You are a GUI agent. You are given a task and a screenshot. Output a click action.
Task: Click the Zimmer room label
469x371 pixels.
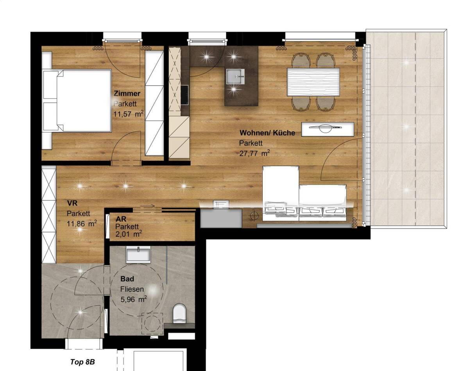tap(127, 94)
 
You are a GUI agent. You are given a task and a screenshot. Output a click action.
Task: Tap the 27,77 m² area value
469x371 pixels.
tap(254, 153)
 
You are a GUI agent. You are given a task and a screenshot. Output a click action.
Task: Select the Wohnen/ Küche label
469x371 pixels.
tap(267, 132)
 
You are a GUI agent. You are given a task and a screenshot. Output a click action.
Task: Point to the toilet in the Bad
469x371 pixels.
tap(179, 314)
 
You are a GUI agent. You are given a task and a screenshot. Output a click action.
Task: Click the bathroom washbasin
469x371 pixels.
tap(138, 254)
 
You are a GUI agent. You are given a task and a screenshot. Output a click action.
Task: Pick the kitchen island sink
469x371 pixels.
tap(235, 76)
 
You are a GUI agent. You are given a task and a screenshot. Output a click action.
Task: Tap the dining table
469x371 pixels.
tap(313, 82)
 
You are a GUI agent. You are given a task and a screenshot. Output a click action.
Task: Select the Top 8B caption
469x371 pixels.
tap(82, 362)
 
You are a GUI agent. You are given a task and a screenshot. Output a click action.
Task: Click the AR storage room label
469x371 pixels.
tap(121, 219)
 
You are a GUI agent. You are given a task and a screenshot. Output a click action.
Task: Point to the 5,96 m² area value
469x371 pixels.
tap(133, 299)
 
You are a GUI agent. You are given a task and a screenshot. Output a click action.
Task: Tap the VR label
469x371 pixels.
tap(72, 203)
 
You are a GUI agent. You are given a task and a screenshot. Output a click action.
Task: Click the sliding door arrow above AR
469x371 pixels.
tap(147, 206)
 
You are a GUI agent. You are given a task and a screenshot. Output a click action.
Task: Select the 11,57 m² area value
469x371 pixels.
tap(128, 114)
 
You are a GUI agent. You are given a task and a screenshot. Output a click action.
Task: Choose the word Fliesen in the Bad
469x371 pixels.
tap(132, 289)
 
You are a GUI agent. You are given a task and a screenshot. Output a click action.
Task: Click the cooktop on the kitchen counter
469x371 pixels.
tap(184, 95)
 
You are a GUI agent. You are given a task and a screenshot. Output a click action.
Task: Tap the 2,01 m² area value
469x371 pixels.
tap(129, 234)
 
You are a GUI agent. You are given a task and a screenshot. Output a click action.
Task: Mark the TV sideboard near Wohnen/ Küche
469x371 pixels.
tap(328, 129)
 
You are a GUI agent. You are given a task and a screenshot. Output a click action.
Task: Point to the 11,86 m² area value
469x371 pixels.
tap(82, 224)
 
